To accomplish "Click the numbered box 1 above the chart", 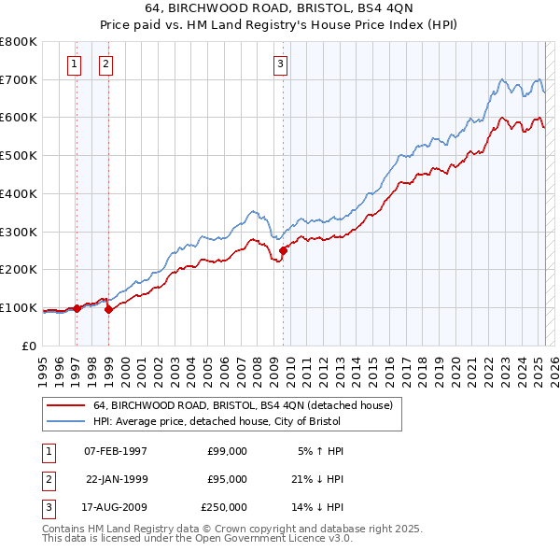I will pyautogui.click(x=75, y=64).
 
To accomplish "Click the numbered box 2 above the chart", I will pyautogui.click(x=106, y=64).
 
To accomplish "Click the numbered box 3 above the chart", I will pyautogui.click(x=281, y=64).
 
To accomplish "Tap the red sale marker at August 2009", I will pyautogui.click(x=283, y=249).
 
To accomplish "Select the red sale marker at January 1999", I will pyautogui.click(x=108, y=309).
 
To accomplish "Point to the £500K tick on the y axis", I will pyautogui.click(x=21, y=155).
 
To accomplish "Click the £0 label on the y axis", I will pyautogui.click(x=30, y=346).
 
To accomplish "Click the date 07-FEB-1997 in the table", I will pyautogui.click(x=116, y=451).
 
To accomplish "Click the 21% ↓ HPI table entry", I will pyautogui.click(x=320, y=479).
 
